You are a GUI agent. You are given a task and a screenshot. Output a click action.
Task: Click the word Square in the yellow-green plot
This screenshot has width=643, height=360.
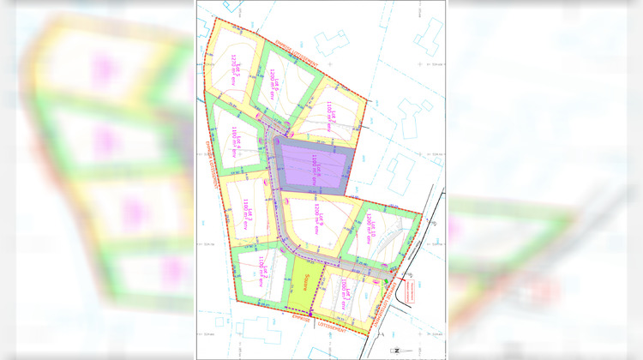pos(306,277)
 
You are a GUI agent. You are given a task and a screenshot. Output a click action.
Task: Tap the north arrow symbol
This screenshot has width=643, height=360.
pos(397,350)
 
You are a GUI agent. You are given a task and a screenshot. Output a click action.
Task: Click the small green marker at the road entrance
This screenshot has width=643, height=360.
pos(387,281)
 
